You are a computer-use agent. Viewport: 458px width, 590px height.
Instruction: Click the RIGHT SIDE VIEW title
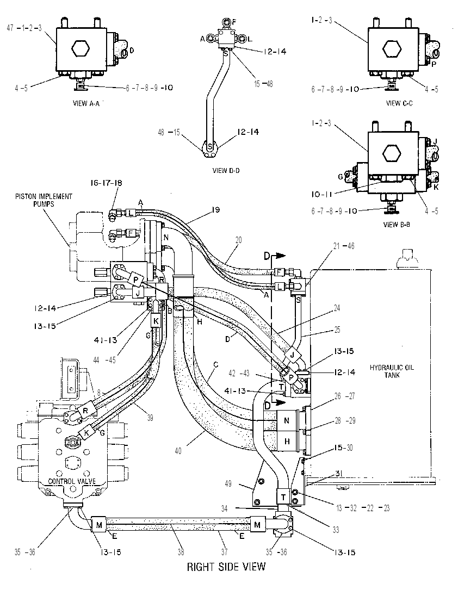tap(226, 566)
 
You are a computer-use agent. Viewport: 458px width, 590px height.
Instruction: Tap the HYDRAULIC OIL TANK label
tap(392, 371)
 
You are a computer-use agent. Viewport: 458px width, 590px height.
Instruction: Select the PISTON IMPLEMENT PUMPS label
tap(44, 200)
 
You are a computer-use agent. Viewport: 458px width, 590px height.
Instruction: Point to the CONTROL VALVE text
tap(72, 481)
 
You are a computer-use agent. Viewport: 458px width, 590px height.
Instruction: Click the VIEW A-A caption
tap(86, 103)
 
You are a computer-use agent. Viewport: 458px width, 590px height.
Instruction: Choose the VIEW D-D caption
tap(226, 170)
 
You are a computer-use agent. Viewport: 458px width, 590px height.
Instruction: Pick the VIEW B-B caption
tap(397, 225)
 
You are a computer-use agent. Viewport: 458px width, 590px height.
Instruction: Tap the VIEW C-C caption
tap(399, 103)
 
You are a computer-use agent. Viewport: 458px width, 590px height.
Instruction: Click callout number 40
tap(178, 450)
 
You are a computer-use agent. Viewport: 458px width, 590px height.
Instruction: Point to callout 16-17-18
tap(106, 183)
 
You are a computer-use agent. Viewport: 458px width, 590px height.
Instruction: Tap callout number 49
tap(228, 483)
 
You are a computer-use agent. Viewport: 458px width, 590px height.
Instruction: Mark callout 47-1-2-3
tap(24, 28)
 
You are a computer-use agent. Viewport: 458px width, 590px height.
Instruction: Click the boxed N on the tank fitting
tap(287, 420)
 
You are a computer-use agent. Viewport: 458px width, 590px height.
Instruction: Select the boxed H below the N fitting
tap(287, 441)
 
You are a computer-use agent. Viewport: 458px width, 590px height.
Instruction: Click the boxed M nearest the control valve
tap(99, 525)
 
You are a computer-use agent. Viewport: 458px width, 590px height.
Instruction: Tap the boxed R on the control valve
tap(85, 411)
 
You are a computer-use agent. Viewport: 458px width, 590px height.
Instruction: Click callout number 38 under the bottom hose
tap(181, 552)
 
